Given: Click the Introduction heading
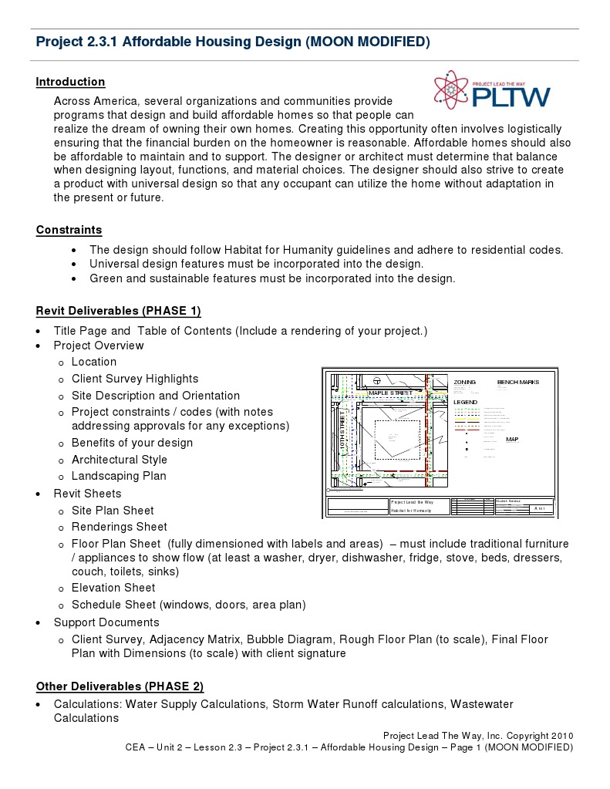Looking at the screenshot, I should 70,82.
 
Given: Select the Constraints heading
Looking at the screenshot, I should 69,230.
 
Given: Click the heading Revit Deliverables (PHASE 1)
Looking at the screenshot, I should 118,311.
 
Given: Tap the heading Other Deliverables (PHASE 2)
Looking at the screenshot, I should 120,686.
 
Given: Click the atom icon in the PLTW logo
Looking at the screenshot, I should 450,93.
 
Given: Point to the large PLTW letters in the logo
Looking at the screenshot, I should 511,98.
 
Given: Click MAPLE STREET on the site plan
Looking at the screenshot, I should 390,393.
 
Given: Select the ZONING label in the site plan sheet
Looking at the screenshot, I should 465,383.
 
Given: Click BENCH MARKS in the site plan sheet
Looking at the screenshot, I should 517,383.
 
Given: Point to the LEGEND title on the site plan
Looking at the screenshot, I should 465,403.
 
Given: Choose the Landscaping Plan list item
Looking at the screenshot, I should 119,476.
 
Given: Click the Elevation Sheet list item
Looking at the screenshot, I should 113,588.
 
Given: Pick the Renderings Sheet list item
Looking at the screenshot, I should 119,527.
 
